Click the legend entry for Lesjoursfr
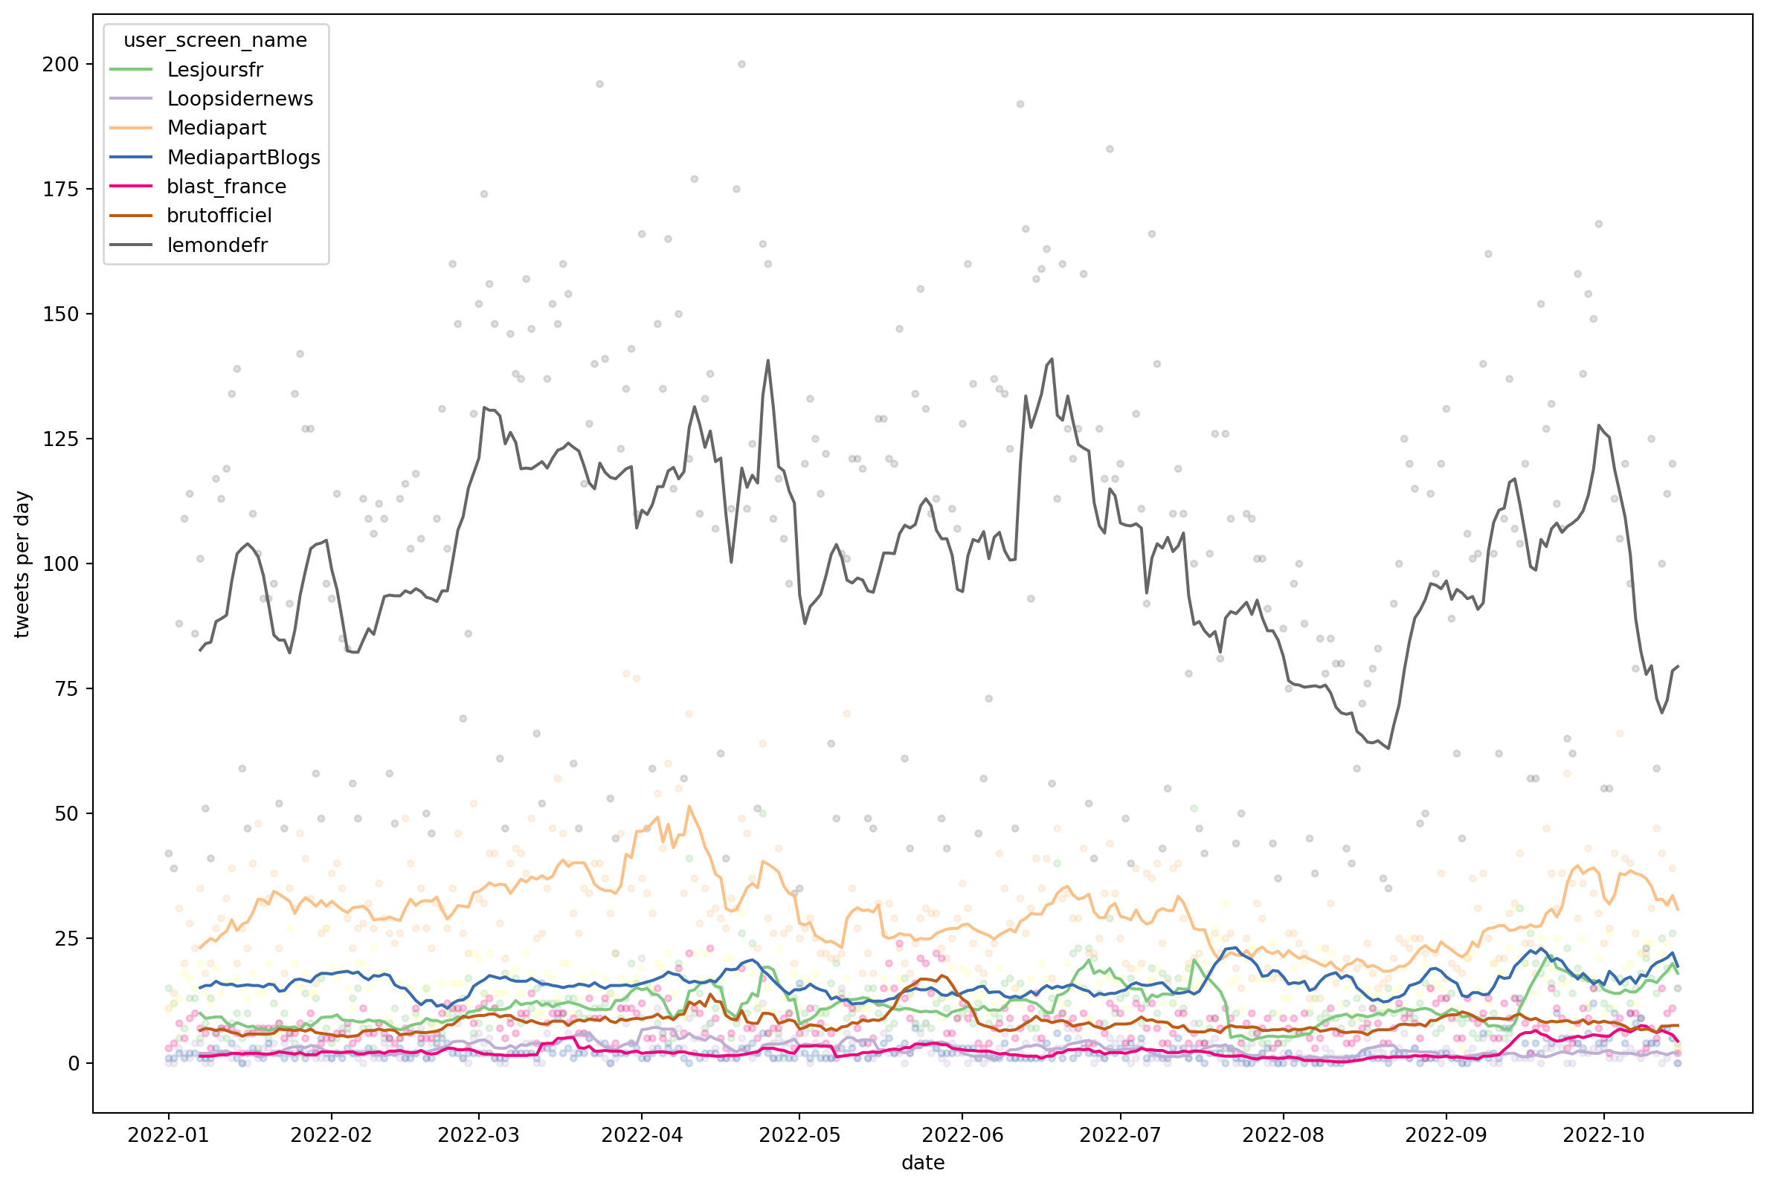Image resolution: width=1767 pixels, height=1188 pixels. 214,70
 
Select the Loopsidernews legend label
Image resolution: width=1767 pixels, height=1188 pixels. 239,100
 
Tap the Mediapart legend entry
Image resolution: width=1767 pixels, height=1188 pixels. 216,128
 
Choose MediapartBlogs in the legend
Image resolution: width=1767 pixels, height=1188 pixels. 243,158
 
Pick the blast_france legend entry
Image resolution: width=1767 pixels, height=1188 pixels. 226,187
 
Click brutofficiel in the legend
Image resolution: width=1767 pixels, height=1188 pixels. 219,216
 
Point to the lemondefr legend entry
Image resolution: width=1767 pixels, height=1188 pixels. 216,245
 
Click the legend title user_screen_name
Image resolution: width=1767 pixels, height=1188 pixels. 215,40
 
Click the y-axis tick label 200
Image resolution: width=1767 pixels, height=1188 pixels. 61,65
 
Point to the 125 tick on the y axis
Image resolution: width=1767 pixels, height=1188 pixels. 61,439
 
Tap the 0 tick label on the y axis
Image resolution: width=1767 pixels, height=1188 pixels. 74,1064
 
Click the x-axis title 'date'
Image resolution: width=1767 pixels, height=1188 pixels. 923,1163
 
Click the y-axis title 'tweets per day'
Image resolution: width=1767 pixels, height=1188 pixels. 22,564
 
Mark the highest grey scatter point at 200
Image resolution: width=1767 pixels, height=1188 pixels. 741,65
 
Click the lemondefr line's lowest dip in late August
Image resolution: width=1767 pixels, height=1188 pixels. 1388,749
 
